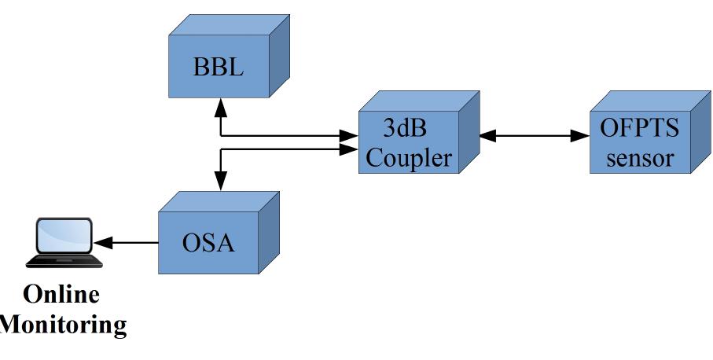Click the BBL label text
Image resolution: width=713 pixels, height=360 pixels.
tap(218, 68)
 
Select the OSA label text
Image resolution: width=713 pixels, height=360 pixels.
tap(208, 243)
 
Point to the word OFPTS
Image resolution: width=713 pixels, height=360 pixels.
tap(640, 129)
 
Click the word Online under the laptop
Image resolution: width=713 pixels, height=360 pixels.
tap(61, 295)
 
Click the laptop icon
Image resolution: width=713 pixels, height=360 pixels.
tap(64, 242)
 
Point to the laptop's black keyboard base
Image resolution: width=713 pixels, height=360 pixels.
tap(64, 259)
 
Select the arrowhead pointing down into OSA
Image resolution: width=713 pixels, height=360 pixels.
tap(221, 181)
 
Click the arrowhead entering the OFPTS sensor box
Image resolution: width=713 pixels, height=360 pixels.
tap(581, 136)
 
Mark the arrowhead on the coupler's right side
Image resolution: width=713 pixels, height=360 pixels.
tap(488, 136)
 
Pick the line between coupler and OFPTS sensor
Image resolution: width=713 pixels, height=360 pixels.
tap(535, 136)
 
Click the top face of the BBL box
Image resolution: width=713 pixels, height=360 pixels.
tap(228, 26)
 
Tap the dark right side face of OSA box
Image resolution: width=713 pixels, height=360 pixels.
tap(269, 232)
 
